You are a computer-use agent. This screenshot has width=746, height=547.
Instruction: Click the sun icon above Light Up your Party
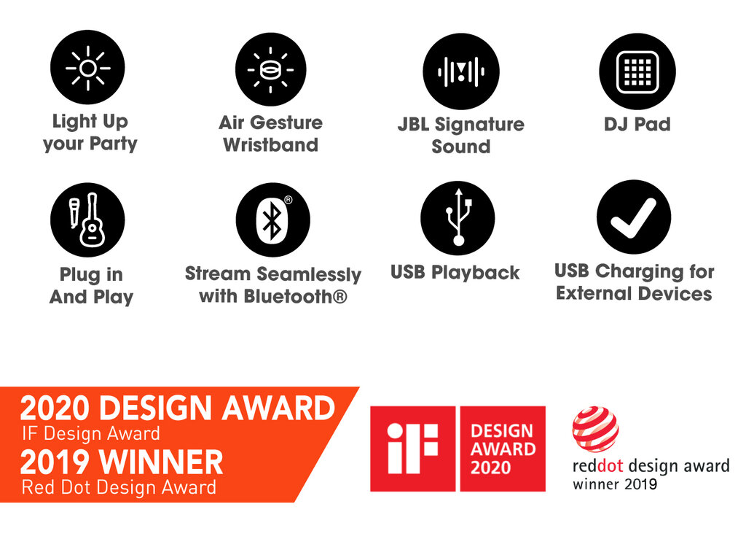coord(87,68)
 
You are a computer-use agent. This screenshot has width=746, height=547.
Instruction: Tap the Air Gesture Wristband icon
coord(271,69)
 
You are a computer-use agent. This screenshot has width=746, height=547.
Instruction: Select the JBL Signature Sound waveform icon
coord(460,71)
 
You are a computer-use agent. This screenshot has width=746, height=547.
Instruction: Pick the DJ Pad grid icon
coord(637,72)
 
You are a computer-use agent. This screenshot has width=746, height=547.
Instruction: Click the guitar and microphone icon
coord(87,220)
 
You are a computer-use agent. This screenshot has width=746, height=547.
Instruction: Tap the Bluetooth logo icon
coord(272,220)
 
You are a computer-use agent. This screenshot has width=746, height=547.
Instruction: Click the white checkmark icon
coord(634,217)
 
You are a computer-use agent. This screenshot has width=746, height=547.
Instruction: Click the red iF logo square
coord(412,449)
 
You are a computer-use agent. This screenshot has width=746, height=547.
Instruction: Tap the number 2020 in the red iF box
coord(490,468)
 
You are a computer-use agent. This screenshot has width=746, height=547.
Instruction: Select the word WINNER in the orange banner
coord(162,462)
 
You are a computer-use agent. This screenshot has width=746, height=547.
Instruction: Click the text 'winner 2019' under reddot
coord(615,484)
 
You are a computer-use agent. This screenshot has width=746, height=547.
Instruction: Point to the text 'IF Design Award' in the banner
coord(91,433)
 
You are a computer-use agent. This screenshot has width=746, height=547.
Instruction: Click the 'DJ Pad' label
coord(637,125)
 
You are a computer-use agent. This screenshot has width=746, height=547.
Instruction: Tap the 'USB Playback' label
coord(455,273)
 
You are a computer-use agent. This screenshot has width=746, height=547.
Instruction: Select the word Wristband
coord(271,145)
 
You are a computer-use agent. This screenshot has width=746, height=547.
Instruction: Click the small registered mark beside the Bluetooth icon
coord(288,200)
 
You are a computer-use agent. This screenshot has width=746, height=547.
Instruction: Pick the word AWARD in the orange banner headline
coord(279,408)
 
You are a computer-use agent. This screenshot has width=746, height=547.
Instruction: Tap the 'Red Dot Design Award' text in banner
coord(119,487)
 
